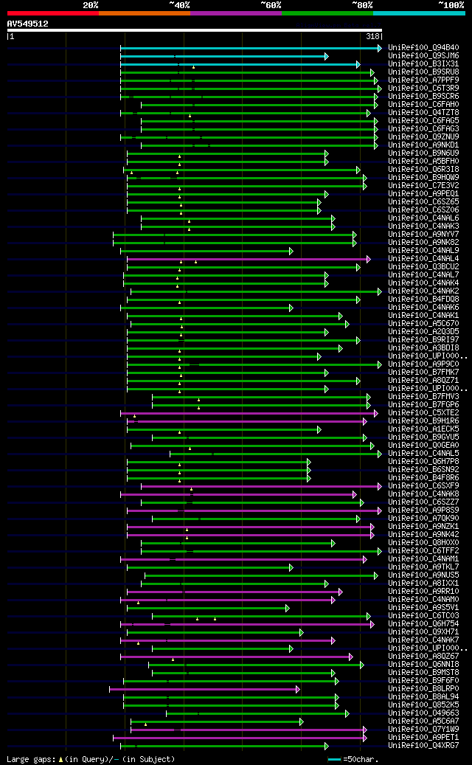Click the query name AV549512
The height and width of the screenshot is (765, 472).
pos(27,24)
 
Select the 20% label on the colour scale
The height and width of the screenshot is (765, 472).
pos(91,4)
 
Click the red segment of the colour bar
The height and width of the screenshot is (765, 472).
pos(52,13)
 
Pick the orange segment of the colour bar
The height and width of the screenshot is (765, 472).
pos(144,13)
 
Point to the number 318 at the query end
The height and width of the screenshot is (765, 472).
pos(372,35)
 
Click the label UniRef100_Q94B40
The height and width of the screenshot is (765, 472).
pos(423,48)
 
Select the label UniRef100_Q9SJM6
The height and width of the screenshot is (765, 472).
pos(423,56)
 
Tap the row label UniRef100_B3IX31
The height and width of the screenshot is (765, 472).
pos(423,64)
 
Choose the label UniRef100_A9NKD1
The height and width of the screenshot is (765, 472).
pos(423,145)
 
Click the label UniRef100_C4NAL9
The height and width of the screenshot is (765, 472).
pos(423,251)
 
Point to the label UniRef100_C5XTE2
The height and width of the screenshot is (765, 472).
pos(423,413)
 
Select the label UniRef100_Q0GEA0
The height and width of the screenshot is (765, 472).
pos(423,446)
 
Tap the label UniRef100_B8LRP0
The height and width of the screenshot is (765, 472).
pos(423,689)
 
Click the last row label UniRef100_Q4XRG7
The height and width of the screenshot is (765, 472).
pos(423,746)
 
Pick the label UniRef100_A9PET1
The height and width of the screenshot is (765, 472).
pos(423,738)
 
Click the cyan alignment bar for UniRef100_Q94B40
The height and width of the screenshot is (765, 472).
pos(251,48)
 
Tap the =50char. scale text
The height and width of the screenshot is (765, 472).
pos(361,759)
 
